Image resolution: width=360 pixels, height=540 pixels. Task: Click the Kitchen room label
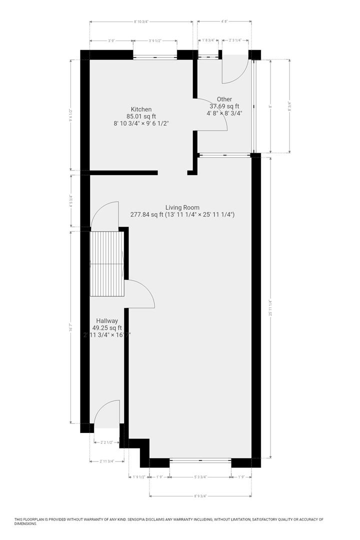coord(141,109)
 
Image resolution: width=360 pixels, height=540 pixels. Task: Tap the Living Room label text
coord(182,207)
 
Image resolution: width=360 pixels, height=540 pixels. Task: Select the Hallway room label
coord(107,321)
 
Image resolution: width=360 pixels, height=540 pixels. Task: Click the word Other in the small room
coord(224,99)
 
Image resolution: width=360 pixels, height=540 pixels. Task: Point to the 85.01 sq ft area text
coord(141,116)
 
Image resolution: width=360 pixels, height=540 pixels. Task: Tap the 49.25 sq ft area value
coord(107,328)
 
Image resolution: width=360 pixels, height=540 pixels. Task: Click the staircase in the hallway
coord(106,264)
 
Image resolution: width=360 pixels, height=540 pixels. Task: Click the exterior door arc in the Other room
coord(234,70)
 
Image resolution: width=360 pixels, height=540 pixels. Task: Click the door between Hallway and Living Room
coord(141,295)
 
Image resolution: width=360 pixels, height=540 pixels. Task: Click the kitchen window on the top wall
coord(155,56)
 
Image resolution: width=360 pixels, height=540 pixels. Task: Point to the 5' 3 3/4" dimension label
coord(200,477)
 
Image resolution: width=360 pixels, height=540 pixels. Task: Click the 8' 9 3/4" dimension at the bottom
coord(200,496)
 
